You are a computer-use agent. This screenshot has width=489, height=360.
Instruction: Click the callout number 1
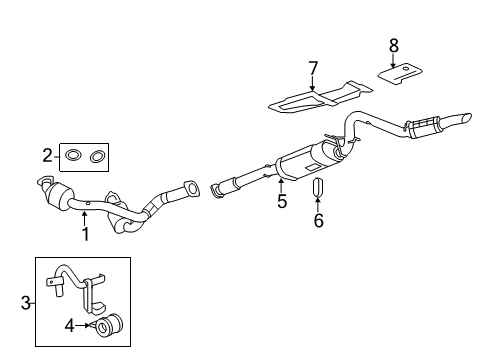tap(86, 234)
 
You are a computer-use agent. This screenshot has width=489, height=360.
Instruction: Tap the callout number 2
tap(48, 156)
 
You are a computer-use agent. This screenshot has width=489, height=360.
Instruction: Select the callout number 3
tap(26, 303)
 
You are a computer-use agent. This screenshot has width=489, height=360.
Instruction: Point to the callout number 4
tap(69, 325)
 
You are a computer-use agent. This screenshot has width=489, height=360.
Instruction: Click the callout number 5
tap(282, 201)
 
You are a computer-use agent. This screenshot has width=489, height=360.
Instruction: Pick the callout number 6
tap(318, 220)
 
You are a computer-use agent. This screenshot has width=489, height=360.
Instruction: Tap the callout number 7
tap(313, 68)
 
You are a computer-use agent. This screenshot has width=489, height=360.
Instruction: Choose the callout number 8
tap(394, 46)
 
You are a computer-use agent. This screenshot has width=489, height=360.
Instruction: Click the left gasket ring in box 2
tap(73, 156)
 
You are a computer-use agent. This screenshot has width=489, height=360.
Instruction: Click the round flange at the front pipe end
tap(191, 188)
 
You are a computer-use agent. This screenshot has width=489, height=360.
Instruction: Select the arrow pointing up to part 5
tap(281, 185)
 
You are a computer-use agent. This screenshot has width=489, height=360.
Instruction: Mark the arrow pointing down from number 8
tap(393, 61)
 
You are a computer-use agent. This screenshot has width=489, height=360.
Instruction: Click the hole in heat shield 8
tap(406, 69)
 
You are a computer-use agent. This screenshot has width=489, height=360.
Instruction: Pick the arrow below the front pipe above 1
tap(84, 219)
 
